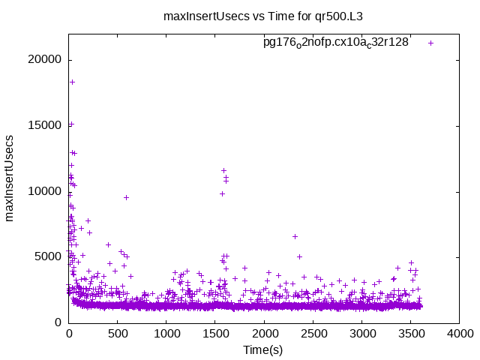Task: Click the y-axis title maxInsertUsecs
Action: (10, 178)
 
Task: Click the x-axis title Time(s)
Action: (262, 350)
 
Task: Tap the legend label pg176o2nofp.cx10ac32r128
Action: (335, 43)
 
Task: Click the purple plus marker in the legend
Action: (431, 43)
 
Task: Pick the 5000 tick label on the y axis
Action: (49, 256)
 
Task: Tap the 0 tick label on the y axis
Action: (58, 322)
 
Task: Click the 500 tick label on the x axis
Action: (118, 334)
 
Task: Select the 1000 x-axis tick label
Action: (166, 334)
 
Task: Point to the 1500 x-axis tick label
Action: (215, 334)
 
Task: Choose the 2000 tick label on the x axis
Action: (264, 334)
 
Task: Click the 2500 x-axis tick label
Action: (313, 334)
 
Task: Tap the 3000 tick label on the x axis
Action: (362, 334)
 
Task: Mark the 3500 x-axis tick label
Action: (411, 334)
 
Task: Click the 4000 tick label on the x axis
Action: (460, 334)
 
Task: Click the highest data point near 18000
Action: (72, 82)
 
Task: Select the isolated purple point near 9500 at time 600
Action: (126, 197)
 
